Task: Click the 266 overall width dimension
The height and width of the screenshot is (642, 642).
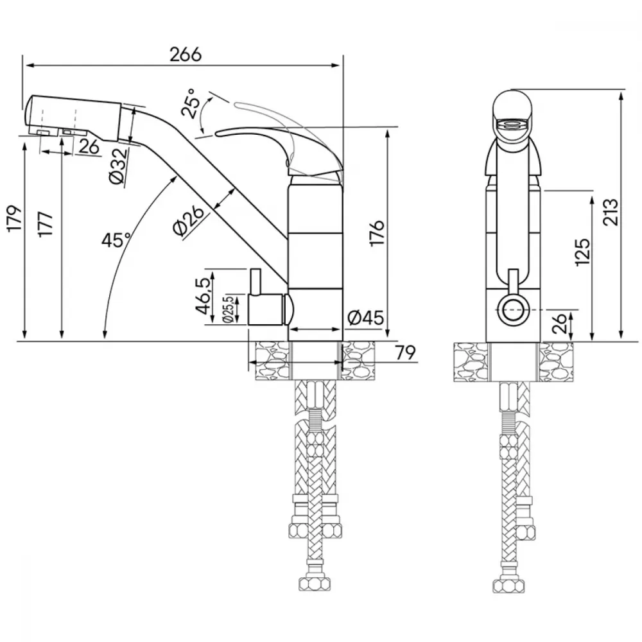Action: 186,55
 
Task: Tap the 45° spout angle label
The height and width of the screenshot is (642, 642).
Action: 116,239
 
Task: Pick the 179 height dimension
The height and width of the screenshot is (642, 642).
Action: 15,219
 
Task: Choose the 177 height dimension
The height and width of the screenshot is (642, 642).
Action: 45,224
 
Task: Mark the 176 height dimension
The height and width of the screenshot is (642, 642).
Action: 377,232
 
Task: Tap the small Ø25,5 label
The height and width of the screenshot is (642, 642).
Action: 229,309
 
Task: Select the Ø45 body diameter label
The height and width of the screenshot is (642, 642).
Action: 366,317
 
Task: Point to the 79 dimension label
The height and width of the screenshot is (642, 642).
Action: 405,352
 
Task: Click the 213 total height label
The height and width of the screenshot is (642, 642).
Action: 610,212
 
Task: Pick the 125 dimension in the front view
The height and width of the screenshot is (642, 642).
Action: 583,252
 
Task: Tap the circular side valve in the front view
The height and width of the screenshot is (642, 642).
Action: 512,310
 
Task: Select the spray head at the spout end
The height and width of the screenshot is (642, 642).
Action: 74,118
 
